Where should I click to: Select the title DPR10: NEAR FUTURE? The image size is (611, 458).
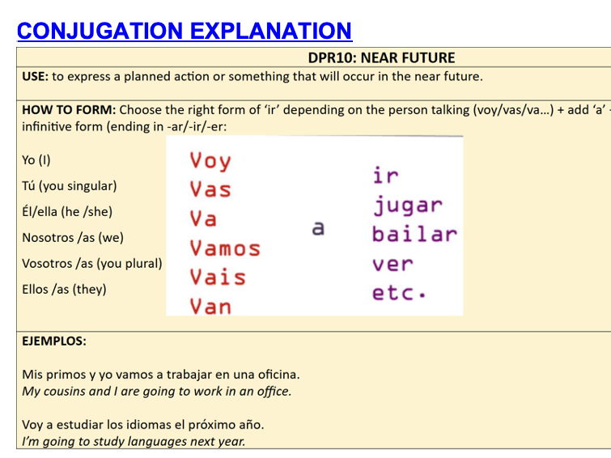[x=381, y=57]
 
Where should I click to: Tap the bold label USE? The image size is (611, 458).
[x=36, y=77]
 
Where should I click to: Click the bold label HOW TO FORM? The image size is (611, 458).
[x=69, y=110]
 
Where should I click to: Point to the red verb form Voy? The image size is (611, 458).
[x=210, y=160]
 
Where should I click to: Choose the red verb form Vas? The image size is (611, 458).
[x=210, y=189]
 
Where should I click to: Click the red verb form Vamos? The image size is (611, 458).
[x=225, y=248]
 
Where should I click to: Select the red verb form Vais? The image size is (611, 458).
[x=218, y=277]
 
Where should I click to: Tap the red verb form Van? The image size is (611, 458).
[x=210, y=306]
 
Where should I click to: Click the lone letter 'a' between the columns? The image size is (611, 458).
[x=318, y=228]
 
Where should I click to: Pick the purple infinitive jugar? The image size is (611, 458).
[x=408, y=205]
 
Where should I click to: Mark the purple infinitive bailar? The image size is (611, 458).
[x=414, y=234]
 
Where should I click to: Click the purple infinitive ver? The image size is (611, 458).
[x=392, y=264]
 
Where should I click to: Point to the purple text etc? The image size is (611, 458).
[x=398, y=292]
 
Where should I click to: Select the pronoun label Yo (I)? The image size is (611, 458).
[x=36, y=160]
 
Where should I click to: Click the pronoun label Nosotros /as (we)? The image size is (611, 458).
[x=73, y=238]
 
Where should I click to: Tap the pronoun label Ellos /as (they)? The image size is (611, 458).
[x=64, y=289]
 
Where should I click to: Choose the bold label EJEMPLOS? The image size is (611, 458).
[x=53, y=341]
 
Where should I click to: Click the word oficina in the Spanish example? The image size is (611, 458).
[x=274, y=374]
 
